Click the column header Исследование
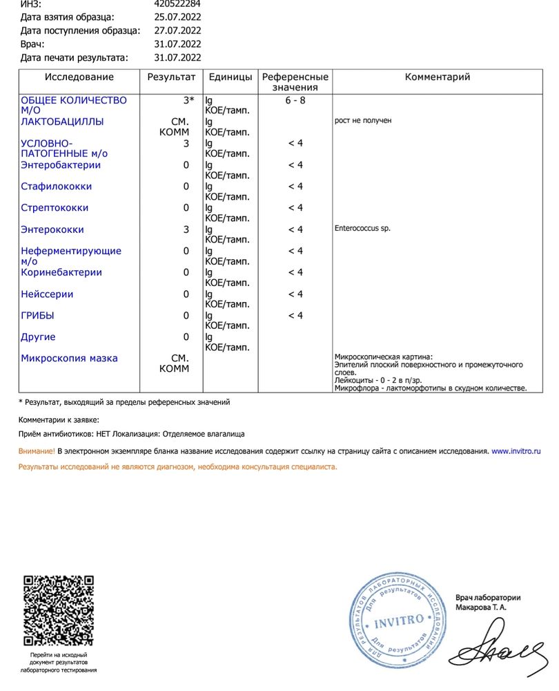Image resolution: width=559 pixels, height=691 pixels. click(x=79, y=77)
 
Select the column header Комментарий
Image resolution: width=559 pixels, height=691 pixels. click(x=437, y=77)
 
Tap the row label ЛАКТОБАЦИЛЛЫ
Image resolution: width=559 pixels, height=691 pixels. click(x=62, y=122)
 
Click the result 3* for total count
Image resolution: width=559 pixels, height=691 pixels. click(x=188, y=100)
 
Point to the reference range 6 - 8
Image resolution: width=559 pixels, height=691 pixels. click(x=295, y=100)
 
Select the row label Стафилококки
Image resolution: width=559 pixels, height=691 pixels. click(x=56, y=187)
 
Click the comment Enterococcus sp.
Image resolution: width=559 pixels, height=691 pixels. click(x=362, y=229)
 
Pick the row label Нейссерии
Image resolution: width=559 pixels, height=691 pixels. click(x=47, y=294)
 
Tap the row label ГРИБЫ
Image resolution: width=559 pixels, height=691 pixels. click(x=37, y=316)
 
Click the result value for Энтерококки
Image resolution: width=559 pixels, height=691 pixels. click(x=186, y=229)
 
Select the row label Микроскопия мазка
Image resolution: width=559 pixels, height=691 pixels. click(x=69, y=359)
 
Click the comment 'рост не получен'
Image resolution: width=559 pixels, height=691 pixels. click(x=362, y=121)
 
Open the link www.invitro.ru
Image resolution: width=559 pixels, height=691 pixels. click(x=516, y=451)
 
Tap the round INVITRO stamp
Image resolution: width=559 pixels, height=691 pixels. click(x=399, y=621)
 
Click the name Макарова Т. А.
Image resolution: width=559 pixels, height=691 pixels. click(x=480, y=607)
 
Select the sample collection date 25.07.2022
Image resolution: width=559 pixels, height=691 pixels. click(x=177, y=17)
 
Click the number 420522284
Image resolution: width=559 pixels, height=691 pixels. click(x=177, y=3)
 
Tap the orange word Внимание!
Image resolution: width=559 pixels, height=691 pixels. click(x=37, y=451)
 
